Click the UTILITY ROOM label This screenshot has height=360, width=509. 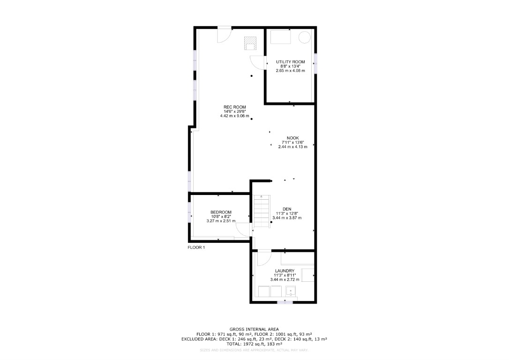pyautogui.click(x=290, y=62)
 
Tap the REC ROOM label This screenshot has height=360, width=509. pyautogui.click(x=235, y=107)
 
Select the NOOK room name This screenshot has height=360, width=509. pyautogui.click(x=292, y=138)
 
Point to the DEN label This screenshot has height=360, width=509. pyautogui.click(x=287, y=209)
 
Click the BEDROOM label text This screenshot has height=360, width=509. pyautogui.click(x=221, y=212)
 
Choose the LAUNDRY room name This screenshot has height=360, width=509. pyautogui.click(x=284, y=271)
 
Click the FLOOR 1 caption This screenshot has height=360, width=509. pyautogui.click(x=196, y=247)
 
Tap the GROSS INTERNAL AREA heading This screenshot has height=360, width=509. pyautogui.click(x=254, y=330)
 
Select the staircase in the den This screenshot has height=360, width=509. pyautogui.click(x=262, y=211)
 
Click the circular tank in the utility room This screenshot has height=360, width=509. pyautogui.click(x=305, y=37)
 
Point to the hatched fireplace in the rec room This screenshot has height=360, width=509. pyautogui.click(x=250, y=43)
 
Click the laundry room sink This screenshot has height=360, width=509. pyautogui.click(x=291, y=291)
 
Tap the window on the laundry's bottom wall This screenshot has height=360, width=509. pyautogui.click(x=284, y=302)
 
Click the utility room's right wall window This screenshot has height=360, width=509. pyautogui.click(x=315, y=63)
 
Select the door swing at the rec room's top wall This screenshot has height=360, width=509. pyautogui.click(x=224, y=35)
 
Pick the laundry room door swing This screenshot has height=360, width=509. pyautogui.click(x=264, y=258)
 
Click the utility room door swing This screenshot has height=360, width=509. pyautogui.click(x=258, y=63)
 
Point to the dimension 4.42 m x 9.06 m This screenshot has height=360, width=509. pyautogui.click(x=235, y=116)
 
